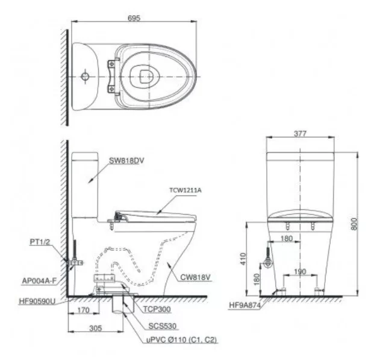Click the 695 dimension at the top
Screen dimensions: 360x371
[x=134, y=18]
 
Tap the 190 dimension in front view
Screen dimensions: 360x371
[x=299, y=271]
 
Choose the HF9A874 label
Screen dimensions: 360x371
[x=245, y=305]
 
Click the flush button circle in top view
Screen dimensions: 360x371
[x=86, y=77]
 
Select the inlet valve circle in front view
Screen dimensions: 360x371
[x=266, y=264]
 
